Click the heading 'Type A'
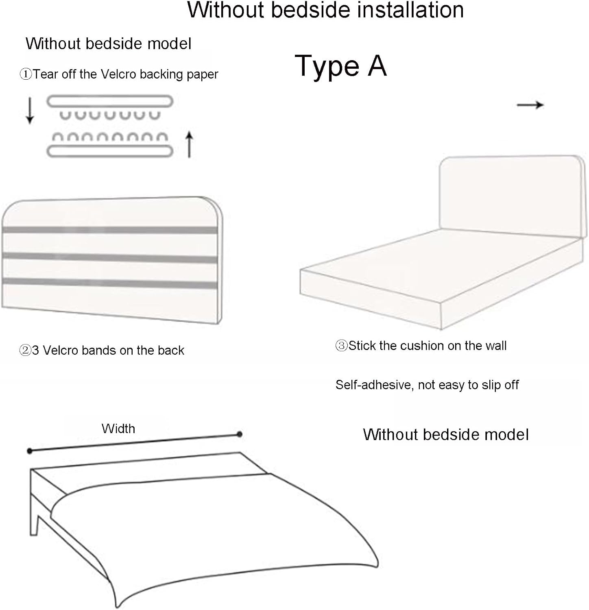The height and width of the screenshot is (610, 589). pyautogui.click(x=340, y=65)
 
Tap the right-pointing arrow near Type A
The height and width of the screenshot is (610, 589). pyautogui.click(x=530, y=105)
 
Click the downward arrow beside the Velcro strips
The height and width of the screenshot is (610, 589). pyautogui.click(x=29, y=110)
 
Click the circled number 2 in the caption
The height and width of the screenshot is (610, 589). pyautogui.click(x=25, y=350)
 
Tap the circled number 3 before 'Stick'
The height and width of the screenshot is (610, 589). pyautogui.click(x=341, y=346)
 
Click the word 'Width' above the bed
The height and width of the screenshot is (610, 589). pyautogui.click(x=118, y=429)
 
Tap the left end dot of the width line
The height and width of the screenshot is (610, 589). pyautogui.click(x=29, y=451)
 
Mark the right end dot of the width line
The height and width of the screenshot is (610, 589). pyautogui.click(x=240, y=434)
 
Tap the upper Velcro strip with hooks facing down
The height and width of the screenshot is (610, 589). pyautogui.click(x=110, y=105)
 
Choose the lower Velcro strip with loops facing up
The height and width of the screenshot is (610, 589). pyautogui.click(x=110, y=145)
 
